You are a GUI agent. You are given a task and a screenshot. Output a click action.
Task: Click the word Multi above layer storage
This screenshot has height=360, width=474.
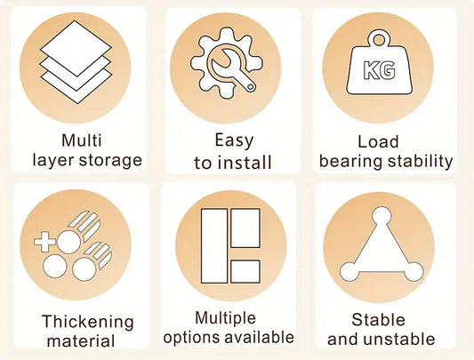pyautogui.click(x=81, y=140)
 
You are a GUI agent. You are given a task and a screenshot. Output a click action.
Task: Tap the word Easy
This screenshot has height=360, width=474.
pyautogui.click(x=234, y=140)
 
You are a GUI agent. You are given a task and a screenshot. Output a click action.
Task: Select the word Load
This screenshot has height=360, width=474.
pyautogui.click(x=378, y=141)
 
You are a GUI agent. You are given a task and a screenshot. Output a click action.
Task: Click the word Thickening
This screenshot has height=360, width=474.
pyautogui.click(x=88, y=322)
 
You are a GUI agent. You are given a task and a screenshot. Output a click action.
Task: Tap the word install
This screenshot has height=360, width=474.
pyautogui.click(x=245, y=163)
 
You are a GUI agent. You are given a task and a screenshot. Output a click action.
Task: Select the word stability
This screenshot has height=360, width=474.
pyautogui.click(x=420, y=162)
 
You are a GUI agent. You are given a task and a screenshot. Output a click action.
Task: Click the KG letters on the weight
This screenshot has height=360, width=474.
pyautogui.click(x=380, y=70)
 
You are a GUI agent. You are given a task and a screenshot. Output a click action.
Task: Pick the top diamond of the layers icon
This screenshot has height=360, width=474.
pyautogui.click(x=76, y=48)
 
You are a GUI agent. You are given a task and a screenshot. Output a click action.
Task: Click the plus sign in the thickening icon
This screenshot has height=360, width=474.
pyautogui.click(x=44, y=242)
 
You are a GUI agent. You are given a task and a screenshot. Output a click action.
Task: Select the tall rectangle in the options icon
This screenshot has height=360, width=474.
pyautogui.click(x=214, y=245)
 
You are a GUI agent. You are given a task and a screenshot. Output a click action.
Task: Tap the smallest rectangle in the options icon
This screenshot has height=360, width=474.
pyautogui.click(x=245, y=271)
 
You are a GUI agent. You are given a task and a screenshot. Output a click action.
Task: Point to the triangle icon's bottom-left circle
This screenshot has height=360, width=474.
pyautogui.click(x=349, y=272)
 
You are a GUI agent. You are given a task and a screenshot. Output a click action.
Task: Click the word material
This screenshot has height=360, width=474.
pyautogui.click(x=81, y=341)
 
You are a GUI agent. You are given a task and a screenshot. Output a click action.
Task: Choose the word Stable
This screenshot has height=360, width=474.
pyautogui.click(x=378, y=319)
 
